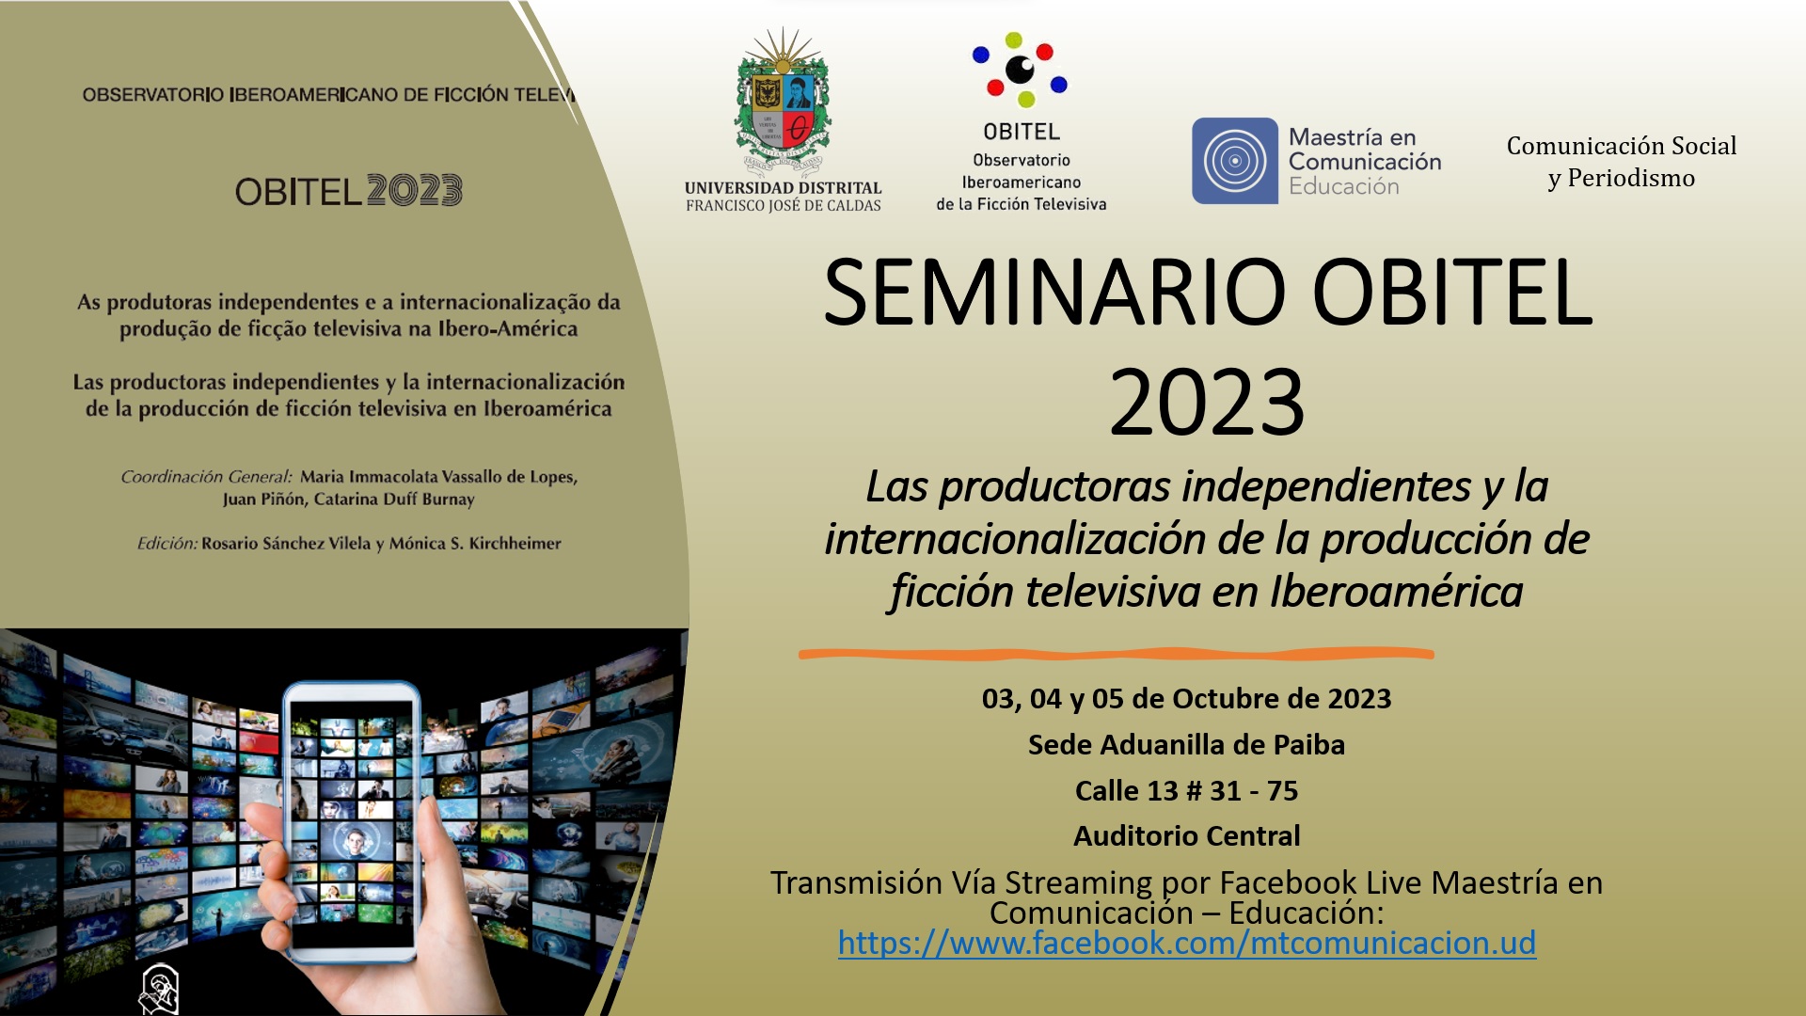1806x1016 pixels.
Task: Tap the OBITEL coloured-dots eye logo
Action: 1020,70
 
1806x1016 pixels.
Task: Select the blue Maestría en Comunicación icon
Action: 1235,161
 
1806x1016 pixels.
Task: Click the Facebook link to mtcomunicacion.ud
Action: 1187,943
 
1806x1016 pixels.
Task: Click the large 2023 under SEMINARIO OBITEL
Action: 1207,403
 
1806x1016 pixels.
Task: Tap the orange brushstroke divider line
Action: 1117,653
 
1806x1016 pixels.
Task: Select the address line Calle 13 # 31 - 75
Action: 1186,790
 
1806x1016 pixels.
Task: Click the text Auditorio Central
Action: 1187,835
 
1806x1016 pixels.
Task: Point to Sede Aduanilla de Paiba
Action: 1186,744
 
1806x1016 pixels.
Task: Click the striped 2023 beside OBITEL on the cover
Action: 414,191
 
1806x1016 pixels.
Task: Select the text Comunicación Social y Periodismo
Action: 1622,162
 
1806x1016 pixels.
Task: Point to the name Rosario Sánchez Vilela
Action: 286,543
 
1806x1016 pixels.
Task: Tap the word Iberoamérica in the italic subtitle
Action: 1396,592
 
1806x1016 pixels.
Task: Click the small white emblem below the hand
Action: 158,988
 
